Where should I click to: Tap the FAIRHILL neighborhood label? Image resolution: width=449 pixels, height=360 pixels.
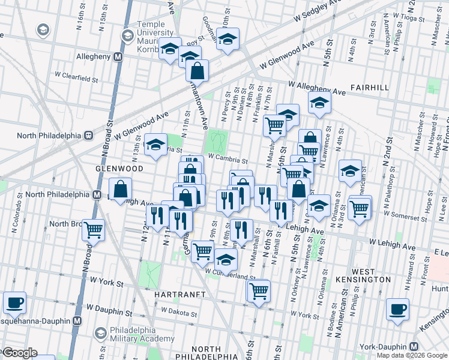pos(367,87)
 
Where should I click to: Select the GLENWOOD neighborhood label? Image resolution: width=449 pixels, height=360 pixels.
pos(119,169)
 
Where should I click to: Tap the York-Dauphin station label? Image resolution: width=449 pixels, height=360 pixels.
pos(384,347)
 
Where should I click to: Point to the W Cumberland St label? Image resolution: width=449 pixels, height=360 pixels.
pos(230,274)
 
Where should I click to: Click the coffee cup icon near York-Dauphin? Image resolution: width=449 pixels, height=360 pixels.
pos(397,310)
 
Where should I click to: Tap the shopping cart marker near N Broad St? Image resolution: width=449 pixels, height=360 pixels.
pos(93,230)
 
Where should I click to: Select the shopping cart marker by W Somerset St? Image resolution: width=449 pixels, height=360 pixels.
pos(359,209)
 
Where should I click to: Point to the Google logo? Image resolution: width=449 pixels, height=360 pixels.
pos(19,353)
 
